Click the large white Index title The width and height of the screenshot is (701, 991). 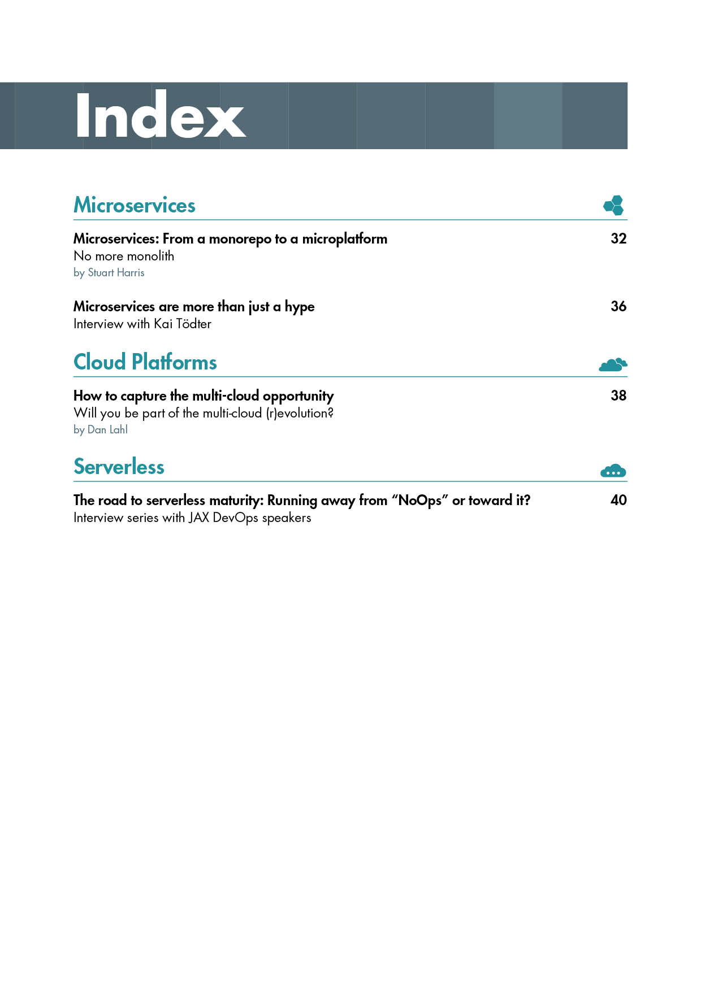pyautogui.click(x=160, y=116)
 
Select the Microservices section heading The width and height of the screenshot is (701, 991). pyautogui.click(x=135, y=205)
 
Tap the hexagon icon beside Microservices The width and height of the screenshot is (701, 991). pyautogui.click(x=613, y=205)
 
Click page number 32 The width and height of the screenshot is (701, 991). pyautogui.click(x=618, y=238)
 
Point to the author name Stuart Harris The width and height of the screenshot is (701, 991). pyautogui.click(x=116, y=273)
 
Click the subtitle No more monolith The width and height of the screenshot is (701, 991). pyautogui.click(x=124, y=256)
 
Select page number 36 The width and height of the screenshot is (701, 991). pyautogui.click(x=618, y=306)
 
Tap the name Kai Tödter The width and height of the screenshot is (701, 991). pyautogui.click(x=183, y=324)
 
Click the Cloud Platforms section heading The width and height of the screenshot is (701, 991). pyautogui.click(x=145, y=362)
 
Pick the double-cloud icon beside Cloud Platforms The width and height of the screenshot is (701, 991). pyautogui.click(x=613, y=364)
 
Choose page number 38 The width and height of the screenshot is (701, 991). pyautogui.click(x=618, y=395)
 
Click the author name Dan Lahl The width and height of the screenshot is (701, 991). pyautogui.click(x=107, y=430)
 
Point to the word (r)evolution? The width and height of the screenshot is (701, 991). pyautogui.click(x=300, y=413)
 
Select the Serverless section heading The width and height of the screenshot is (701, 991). pyautogui.click(x=119, y=467)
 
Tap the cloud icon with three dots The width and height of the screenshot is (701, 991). pyautogui.click(x=613, y=471)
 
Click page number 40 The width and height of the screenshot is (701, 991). pyautogui.click(x=618, y=500)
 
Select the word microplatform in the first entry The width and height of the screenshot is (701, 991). pyautogui.click(x=345, y=239)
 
